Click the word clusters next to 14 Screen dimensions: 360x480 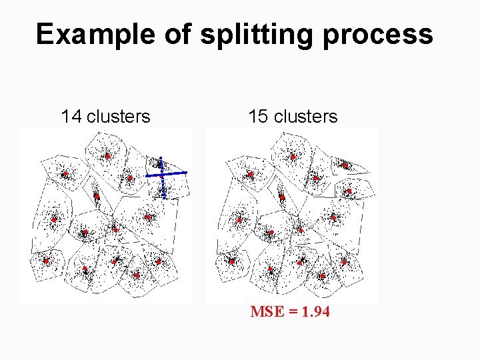(x=119, y=117)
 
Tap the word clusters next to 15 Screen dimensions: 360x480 (x=306, y=117)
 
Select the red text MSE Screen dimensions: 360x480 (x=266, y=311)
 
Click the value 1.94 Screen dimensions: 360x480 (x=315, y=311)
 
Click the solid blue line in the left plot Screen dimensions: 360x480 (x=175, y=173)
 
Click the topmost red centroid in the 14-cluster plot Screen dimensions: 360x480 (x=107, y=157)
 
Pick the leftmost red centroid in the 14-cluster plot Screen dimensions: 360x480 (x=46, y=261)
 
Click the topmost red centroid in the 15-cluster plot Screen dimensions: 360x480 (x=293, y=157)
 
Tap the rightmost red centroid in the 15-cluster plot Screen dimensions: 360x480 (x=349, y=191)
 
